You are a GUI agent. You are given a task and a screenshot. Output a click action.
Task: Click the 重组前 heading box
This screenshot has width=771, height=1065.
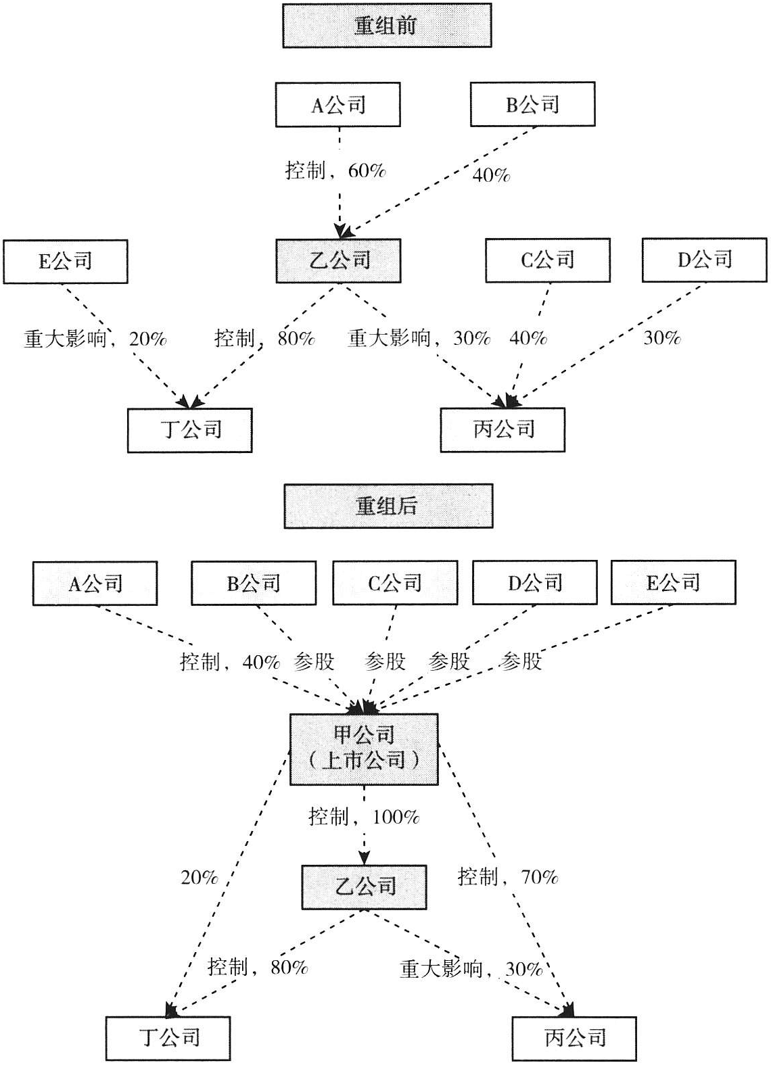point(386,26)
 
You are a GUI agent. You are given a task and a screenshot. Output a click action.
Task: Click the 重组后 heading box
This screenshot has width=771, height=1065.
point(388,506)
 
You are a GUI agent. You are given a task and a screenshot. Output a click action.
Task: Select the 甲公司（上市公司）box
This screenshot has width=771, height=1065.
point(364,749)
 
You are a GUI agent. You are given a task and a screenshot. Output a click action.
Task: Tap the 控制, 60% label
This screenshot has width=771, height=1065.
point(335,170)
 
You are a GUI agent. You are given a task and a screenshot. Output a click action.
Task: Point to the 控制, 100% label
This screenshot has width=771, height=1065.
point(364,817)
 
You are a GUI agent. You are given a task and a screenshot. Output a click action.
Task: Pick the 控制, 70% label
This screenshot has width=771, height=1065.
point(508,877)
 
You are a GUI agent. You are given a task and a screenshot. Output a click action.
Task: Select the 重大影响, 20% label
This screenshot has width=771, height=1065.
point(95,338)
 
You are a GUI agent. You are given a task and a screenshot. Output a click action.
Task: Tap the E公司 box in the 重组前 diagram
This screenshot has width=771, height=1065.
point(65,261)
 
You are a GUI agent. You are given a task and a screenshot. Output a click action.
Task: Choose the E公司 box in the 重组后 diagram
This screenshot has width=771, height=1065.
point(673,582)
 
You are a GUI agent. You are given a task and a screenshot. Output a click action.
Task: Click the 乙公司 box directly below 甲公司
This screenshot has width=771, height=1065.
point(364,886)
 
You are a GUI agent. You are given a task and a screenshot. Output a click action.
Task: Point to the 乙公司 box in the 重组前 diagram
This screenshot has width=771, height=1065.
point(338,260)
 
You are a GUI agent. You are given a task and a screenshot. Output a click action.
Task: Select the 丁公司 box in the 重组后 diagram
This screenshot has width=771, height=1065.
point(168,1038)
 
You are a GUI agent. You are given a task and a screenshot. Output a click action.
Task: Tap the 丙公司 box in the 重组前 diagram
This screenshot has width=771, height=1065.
point(503,429)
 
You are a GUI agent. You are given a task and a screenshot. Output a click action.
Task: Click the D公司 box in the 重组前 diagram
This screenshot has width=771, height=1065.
point(704,260)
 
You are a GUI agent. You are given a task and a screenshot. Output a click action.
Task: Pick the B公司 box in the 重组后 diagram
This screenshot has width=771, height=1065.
point(254,583)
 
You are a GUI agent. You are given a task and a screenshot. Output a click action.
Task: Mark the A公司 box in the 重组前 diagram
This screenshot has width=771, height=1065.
point(337,105)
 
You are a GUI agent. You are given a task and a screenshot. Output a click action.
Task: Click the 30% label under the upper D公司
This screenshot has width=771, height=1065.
point(661,337)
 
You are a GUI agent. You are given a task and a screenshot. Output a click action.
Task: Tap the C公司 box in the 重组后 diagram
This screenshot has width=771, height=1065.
point(395,582)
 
